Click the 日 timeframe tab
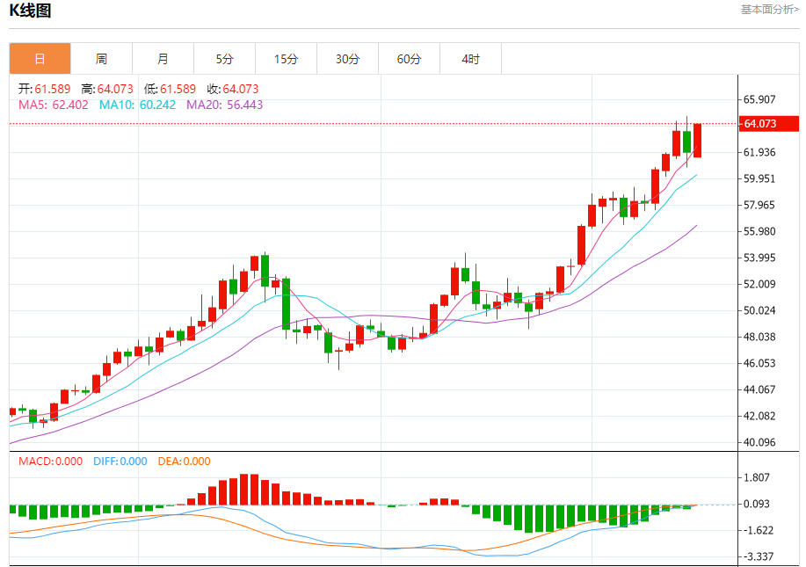click(40, 59)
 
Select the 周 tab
click(101, 59)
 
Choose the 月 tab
click(163, 59)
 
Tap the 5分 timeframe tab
click(224, 59)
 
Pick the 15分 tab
click(286, 59)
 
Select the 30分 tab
click(347, 59)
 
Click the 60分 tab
click(409, 59)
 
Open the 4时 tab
click(470, 59)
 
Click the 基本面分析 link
click(770, 10)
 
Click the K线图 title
click(30, 11)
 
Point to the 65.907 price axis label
click(759, 99)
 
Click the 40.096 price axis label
click(759, 442)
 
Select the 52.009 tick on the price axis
click(759, 284)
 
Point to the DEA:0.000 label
click(184, 461)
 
